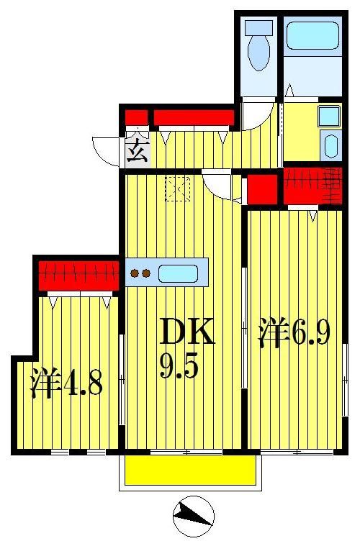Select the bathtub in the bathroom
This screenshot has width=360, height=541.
[x=312, y=35]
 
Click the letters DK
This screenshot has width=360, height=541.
[x=186, y=334]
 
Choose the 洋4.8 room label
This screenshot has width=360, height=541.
[x=66, y=384]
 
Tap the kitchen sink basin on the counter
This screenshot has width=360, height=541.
[x=177, y=273]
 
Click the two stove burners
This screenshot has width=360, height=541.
[x=139, y=273]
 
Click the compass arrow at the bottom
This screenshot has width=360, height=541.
[x=194, y=514]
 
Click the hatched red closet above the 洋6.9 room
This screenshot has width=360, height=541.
[x=312, y=184]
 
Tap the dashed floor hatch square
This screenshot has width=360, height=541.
[x=176, y=188]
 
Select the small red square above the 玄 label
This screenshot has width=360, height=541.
[x=136, y=118]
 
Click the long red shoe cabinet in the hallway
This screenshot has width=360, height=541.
[x=194, y=117]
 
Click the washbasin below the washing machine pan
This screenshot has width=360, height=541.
[x=330, y=146]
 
